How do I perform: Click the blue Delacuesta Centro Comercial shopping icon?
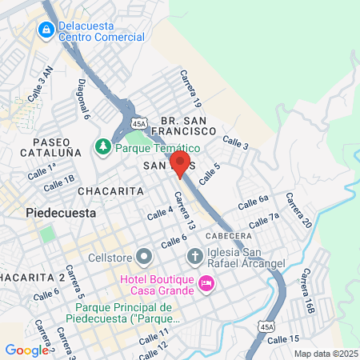point(45,30)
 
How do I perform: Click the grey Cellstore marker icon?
point(144,256)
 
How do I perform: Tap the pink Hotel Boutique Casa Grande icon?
point(206,283)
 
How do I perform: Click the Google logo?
point(26,350)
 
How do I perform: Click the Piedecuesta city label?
point(61,214)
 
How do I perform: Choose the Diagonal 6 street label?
point(83,99)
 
